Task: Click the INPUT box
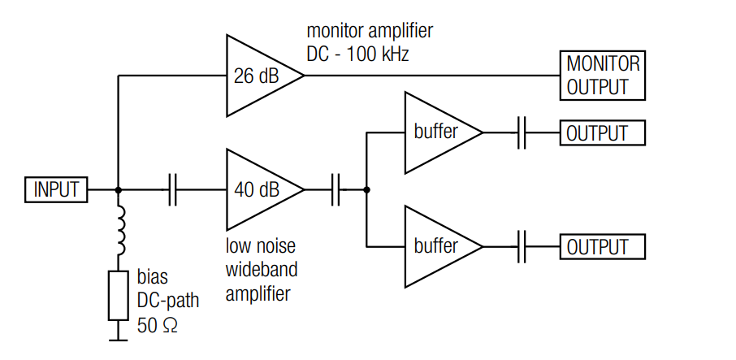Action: pyautogui.click(x=56, y=189)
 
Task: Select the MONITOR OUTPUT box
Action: pyautogui.click(x=603, y=76)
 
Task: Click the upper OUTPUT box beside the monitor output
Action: pyautogui.click(x=603, y=132)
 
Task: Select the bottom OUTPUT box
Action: pyautogui.click(x=603, y=246)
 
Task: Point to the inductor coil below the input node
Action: pyautogui.click(x=120, y=230)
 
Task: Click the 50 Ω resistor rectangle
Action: pyautogui.click(x=119, y=296)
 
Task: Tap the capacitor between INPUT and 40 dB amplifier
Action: pyautogui.click(x=172, y=189)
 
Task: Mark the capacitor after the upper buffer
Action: pyautogui.click(x=522, y=132)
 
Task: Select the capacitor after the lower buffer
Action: pyautogui.click(x=522, y=246)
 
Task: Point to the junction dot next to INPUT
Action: pyautogui.click(x=119, y=189)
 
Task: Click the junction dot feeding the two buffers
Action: pyautogui.click(x=366, y=189)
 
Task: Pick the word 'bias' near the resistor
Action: pyautogui.click(x=152, y=279)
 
